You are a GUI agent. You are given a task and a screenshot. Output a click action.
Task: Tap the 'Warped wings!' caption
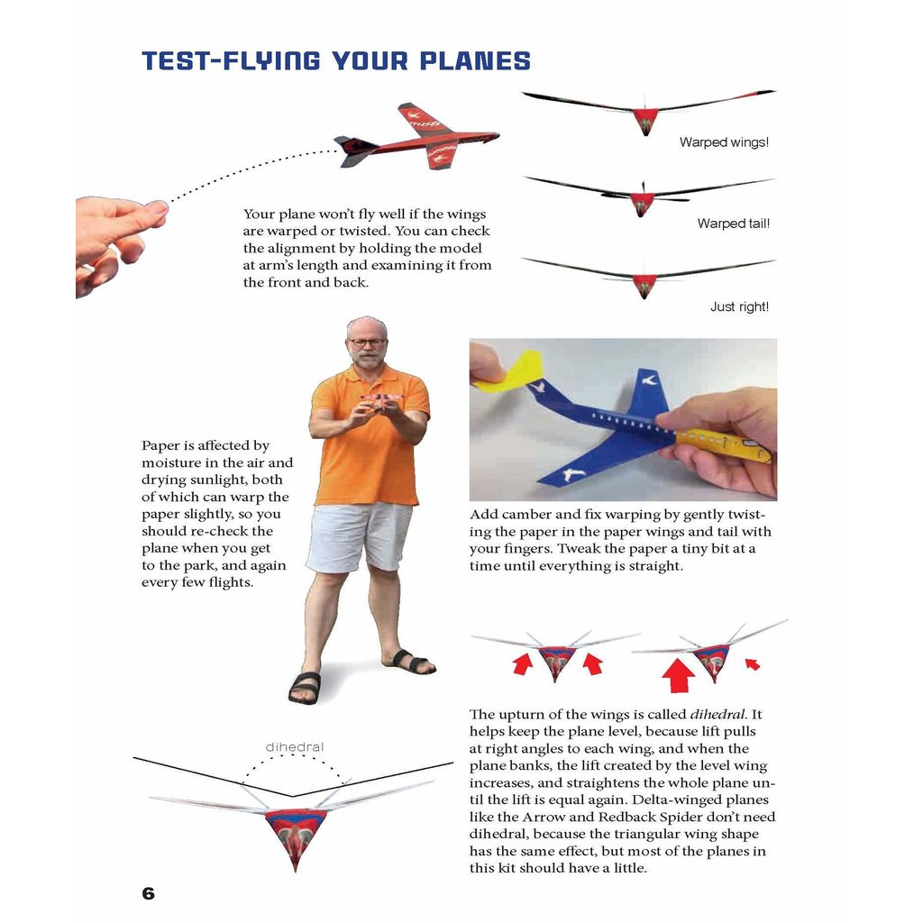[x=724, y=142]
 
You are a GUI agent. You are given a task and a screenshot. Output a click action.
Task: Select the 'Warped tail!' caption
[x=733, y=224]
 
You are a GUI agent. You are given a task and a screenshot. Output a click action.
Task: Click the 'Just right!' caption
[x=739, y=306]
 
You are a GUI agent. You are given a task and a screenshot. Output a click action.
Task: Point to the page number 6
[x=149, y=893]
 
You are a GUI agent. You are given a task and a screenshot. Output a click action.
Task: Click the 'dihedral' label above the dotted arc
[x=294, y=746]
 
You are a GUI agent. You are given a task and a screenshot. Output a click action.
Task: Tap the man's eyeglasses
[x=367, y=343]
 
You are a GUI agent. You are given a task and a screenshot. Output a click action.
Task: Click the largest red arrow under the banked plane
[x=680, y=676]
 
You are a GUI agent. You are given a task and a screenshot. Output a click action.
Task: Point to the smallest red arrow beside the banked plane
[x=752, y=664]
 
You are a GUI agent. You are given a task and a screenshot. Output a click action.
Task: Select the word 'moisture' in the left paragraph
[x=169, y=462]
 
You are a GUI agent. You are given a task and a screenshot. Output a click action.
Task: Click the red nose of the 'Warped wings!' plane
[x=645, y=120]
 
